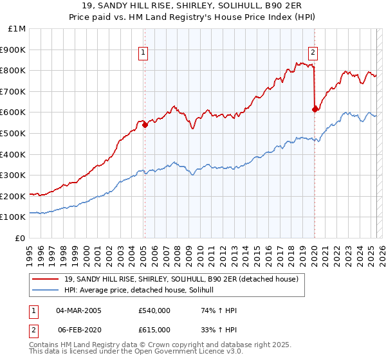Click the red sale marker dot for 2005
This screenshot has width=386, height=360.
click(145, 125)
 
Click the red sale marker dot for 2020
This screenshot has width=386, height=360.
click(315, 109)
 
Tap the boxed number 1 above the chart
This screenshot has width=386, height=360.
click(143, 53)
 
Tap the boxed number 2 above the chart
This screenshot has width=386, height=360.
click(313, 53)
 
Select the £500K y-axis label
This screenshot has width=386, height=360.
click(14, 133)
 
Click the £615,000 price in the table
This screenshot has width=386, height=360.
click(154, 330)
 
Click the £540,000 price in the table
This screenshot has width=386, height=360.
click(154, 311)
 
